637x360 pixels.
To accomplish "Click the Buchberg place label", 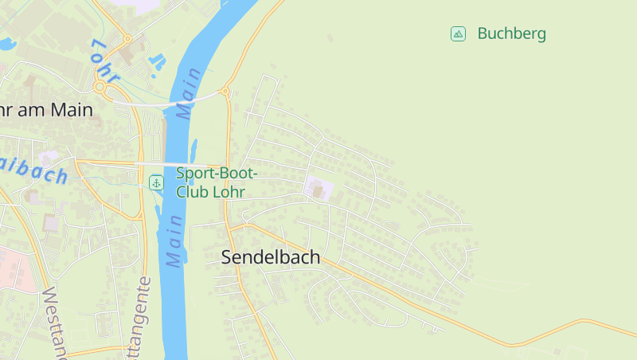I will (x=511, y=33).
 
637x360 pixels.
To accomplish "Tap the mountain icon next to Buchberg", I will (x=458, y=33).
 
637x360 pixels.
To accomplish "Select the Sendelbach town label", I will (x=271, y=256).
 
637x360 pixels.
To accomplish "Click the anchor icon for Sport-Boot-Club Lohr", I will (x=157, y=183).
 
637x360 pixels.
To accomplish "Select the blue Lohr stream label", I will (x=105, y=61).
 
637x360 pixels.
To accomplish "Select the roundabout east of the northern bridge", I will (x=225, y=92).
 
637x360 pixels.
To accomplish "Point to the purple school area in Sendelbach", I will (x=318, y=189).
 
